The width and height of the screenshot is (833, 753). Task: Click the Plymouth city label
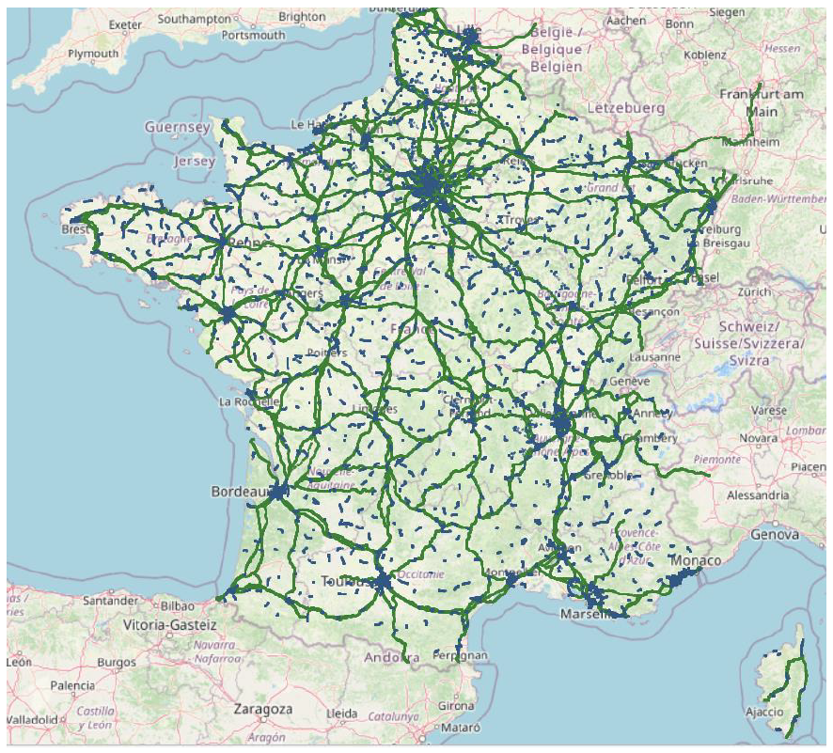(x=93, y=54)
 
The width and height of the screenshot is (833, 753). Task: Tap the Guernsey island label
(x=177, y=126)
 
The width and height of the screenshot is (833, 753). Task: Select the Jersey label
(x=195, y=161)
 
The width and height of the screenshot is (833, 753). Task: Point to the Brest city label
(x=75, y=229)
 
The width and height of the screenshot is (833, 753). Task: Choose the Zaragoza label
(x=263, y=709)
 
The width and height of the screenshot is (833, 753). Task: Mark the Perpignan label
(x=461, y=654)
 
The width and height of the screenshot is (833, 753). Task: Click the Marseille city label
(x=587, y=614)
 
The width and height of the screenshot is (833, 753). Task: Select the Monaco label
(x=695, y=560)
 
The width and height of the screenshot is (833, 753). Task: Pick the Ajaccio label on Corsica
(x=762, y=711)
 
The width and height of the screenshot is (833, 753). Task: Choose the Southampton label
(x=195, y=19)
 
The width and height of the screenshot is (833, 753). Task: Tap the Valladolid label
(x=30, y=719)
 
